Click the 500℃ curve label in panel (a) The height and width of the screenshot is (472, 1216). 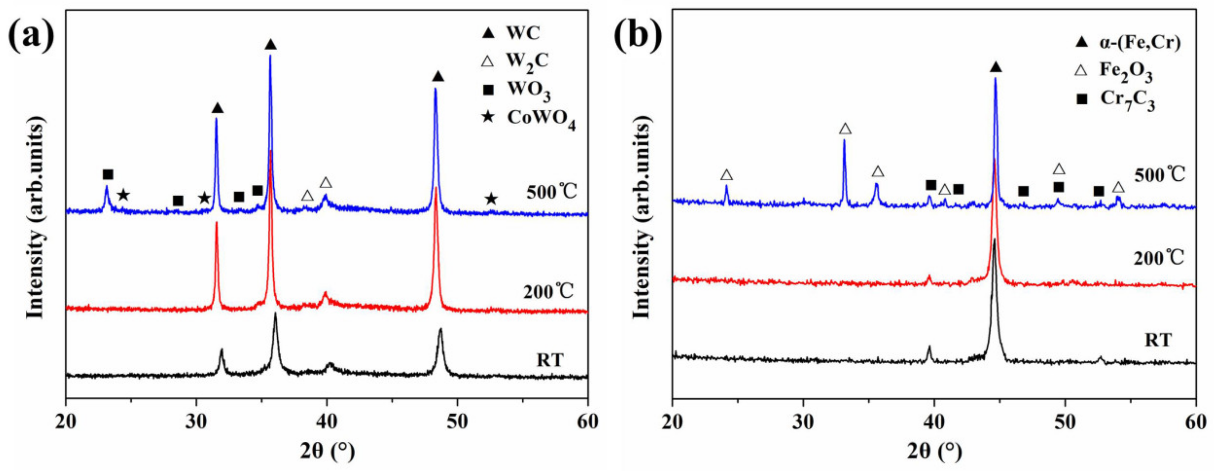point(551,193)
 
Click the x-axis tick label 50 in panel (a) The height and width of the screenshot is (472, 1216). point(457,421)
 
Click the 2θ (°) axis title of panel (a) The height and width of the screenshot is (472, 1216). point(327,452)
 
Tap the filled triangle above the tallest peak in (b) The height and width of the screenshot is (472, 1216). point(995,67)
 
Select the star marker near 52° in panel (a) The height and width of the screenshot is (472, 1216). point(491,199)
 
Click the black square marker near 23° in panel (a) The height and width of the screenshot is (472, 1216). point(108,174)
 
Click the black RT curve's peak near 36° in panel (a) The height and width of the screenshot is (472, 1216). point(275,315)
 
